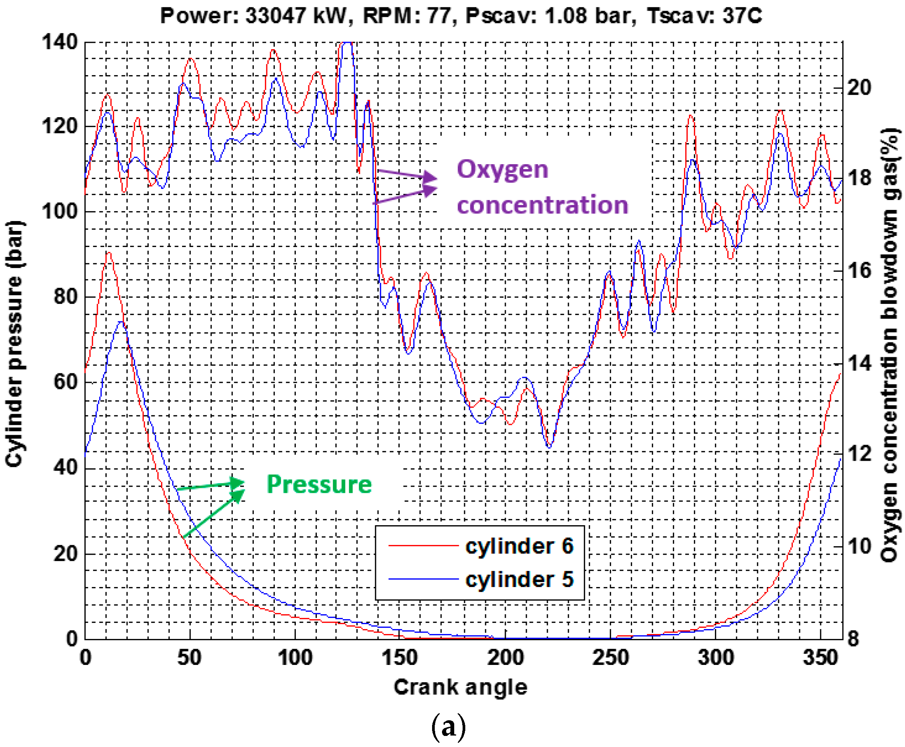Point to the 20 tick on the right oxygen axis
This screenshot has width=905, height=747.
click(x=859, y=88)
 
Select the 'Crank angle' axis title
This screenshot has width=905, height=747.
click(x=460, y=687)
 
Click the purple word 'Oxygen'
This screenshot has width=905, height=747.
click(x=502, y=169)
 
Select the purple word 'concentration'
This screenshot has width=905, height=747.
click(x=542, y=205)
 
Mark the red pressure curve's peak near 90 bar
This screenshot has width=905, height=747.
click(x=109, y=253)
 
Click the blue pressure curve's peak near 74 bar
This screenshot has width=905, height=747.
click(x=121, y=322)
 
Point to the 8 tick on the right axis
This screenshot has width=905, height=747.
click(x=853, y=639)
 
